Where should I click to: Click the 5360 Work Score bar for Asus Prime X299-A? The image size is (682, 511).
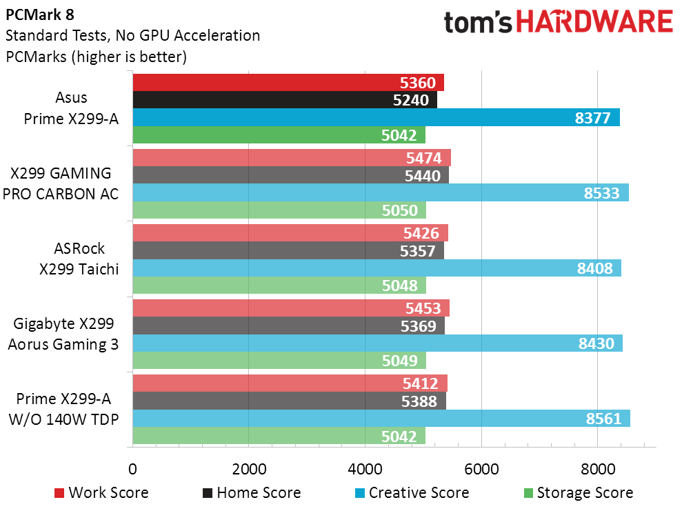click(288, 83)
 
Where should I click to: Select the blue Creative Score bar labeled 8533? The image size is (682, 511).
click(381, 192)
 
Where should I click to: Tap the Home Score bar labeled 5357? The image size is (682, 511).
click(288, 250)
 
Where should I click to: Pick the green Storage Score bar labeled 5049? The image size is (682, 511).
click(279, 361)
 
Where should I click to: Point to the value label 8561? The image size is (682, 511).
click(603, 419)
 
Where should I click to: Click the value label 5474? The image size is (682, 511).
click(423, 158)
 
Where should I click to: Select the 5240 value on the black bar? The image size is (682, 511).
click(410, 101)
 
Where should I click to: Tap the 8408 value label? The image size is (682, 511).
click(594, 268)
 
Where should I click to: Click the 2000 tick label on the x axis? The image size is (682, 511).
click(249, 469)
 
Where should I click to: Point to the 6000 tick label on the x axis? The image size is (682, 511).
click(481, 469)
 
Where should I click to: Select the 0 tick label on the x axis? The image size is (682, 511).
click(132, 469)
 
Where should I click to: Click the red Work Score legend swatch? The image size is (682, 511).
click(59, 493)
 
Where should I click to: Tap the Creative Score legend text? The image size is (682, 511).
click(419, 493)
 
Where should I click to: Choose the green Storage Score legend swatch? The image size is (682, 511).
click(528, 493)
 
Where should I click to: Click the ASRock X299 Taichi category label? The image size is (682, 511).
click(79, 259)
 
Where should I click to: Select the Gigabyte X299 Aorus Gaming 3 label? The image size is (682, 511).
click(63, 334)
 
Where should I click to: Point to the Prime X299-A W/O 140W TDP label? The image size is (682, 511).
click(63, 409)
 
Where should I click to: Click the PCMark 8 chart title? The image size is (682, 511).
click(40, 15)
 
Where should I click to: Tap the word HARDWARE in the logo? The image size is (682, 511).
click(594, 22)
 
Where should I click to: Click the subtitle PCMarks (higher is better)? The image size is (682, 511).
click(96, 57)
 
